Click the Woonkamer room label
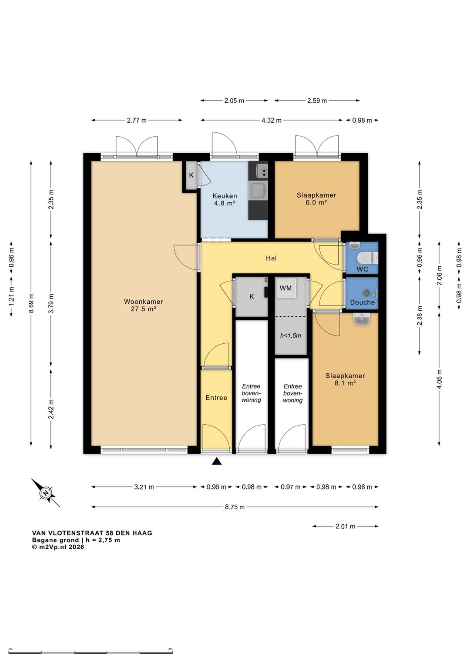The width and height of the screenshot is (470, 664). coord(143,305)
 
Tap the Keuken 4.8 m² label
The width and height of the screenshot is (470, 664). coord(225,199)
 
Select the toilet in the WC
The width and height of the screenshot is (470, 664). coord(368,258)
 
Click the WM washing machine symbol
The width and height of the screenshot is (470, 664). coord(286,288)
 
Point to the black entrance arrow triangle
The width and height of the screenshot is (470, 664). coord(217,461)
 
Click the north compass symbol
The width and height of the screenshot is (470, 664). coord(46,493)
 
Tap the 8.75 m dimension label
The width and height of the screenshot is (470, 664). coord(235,507)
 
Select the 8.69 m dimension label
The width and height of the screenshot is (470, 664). coord(31,303)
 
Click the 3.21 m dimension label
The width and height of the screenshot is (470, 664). coord(144,487)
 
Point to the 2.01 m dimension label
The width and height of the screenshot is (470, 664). coord(345,527)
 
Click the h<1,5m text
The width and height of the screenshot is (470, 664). coord(290,335)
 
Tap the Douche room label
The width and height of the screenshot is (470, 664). coord(363,302)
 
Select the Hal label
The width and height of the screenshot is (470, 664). coord(271,258)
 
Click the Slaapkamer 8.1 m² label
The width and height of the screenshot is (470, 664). coord(345,379)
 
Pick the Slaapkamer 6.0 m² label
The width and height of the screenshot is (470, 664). coord(316,199)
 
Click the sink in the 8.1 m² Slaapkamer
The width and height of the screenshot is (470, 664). coord(362,319)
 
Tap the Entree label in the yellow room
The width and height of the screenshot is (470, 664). coord(216,398)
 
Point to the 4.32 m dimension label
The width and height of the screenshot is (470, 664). coord(271,121)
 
